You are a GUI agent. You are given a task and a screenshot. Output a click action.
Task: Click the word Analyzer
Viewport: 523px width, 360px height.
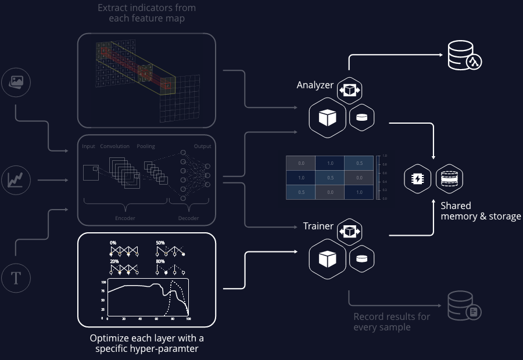[x=315, y=85]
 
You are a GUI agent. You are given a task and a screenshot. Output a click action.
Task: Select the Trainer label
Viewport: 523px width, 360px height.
[x=318, y=226]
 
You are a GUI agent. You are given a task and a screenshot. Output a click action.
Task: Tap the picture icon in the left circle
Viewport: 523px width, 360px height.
[x=16, y=83]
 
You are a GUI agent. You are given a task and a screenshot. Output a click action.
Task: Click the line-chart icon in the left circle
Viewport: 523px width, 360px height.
[x=16, y=180]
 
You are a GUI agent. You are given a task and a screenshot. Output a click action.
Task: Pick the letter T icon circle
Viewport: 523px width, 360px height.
[x=16, y=278]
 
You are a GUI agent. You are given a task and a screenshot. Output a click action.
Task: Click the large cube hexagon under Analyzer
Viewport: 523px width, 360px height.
[x=327, y=118]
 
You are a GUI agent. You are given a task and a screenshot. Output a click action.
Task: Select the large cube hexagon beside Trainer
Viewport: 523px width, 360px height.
[x=327, y=259]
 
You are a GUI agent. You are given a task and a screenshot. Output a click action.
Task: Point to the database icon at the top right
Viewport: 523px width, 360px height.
[x=464, y=56]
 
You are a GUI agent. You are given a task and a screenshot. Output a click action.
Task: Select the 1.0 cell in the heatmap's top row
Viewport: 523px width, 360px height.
[x=330, y=163]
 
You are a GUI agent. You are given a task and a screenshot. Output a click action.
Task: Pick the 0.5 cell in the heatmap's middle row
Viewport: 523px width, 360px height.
[x=330, y=178]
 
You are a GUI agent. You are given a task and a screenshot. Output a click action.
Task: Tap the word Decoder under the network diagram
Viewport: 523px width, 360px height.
[x=188, y=218]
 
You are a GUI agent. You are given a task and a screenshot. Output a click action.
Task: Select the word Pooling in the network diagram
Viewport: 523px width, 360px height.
[x=146, y=146]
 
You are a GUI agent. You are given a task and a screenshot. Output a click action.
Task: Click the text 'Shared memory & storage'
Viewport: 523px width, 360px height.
[x=480, y=211]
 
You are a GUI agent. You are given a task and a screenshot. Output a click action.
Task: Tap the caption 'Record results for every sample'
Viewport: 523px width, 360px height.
[x=392, y=322]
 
